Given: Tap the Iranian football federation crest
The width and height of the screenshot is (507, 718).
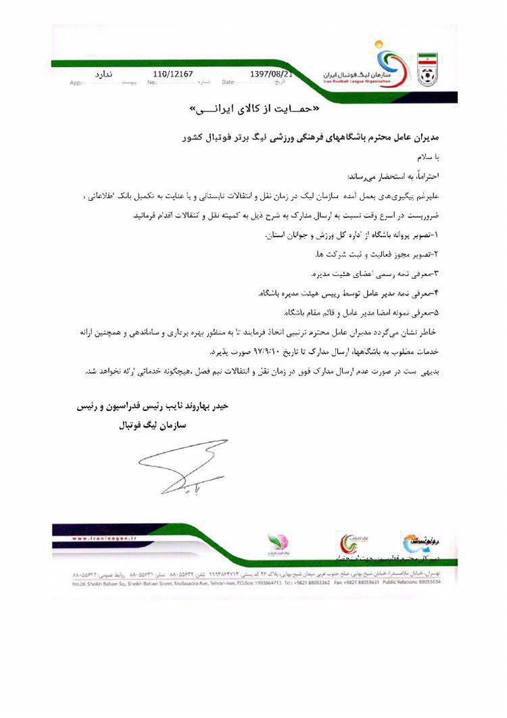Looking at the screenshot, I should (x=427, y=66).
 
